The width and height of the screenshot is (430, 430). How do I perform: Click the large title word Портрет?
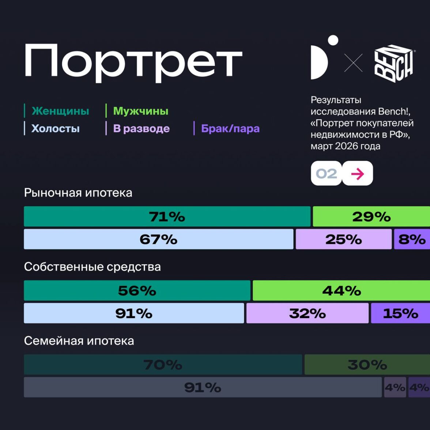pos(133,62)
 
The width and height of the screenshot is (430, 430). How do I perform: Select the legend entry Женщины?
pos(60,111)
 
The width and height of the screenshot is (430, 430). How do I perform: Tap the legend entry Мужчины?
pos(140,111)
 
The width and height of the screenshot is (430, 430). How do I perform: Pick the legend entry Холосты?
pos(55,128)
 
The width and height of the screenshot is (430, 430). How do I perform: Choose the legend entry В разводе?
pos(141,128)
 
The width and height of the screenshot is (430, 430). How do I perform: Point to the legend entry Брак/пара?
pos(230,128)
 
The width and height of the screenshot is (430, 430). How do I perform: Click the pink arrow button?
pos(358,173)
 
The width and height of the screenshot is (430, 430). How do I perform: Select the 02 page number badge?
pos(326,173)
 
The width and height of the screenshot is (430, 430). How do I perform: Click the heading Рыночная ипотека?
pos(78,193)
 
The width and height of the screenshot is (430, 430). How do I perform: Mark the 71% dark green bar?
pos(167,216)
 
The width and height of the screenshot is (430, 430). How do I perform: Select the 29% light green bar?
pos(371,216)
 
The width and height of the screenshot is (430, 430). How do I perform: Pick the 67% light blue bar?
pos(158,239)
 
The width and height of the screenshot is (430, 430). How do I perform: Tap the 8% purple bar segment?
pos(412,239)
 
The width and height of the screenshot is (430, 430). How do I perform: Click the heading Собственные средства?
pos(92,267)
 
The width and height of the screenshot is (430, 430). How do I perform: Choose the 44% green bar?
pos(341,291)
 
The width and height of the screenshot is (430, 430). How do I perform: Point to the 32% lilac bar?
pos(307,313)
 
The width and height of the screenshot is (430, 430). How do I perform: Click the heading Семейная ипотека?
pos(79,341)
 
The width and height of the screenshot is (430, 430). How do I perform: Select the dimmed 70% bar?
pos(163,365)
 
